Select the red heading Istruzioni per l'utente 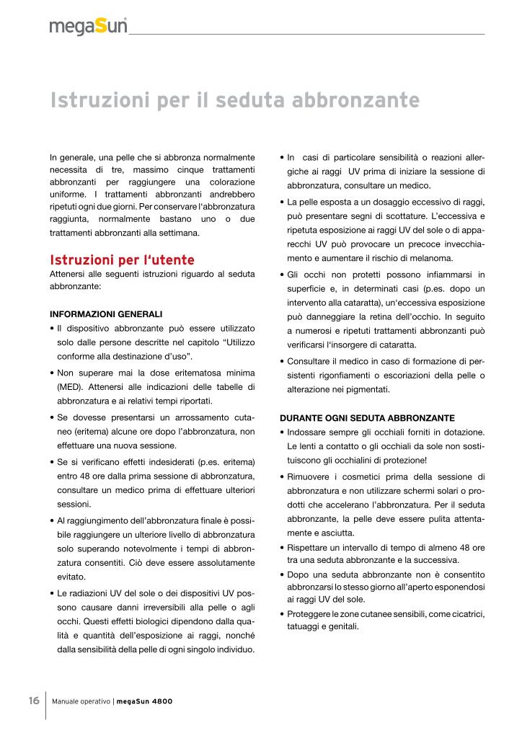(122, 260)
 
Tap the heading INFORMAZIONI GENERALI (106, 314)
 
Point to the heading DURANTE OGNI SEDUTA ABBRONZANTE (367, 418)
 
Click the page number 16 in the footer (33, 701)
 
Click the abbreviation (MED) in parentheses (69, 387)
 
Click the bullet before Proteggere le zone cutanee (281, 613)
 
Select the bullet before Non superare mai (52, 373)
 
